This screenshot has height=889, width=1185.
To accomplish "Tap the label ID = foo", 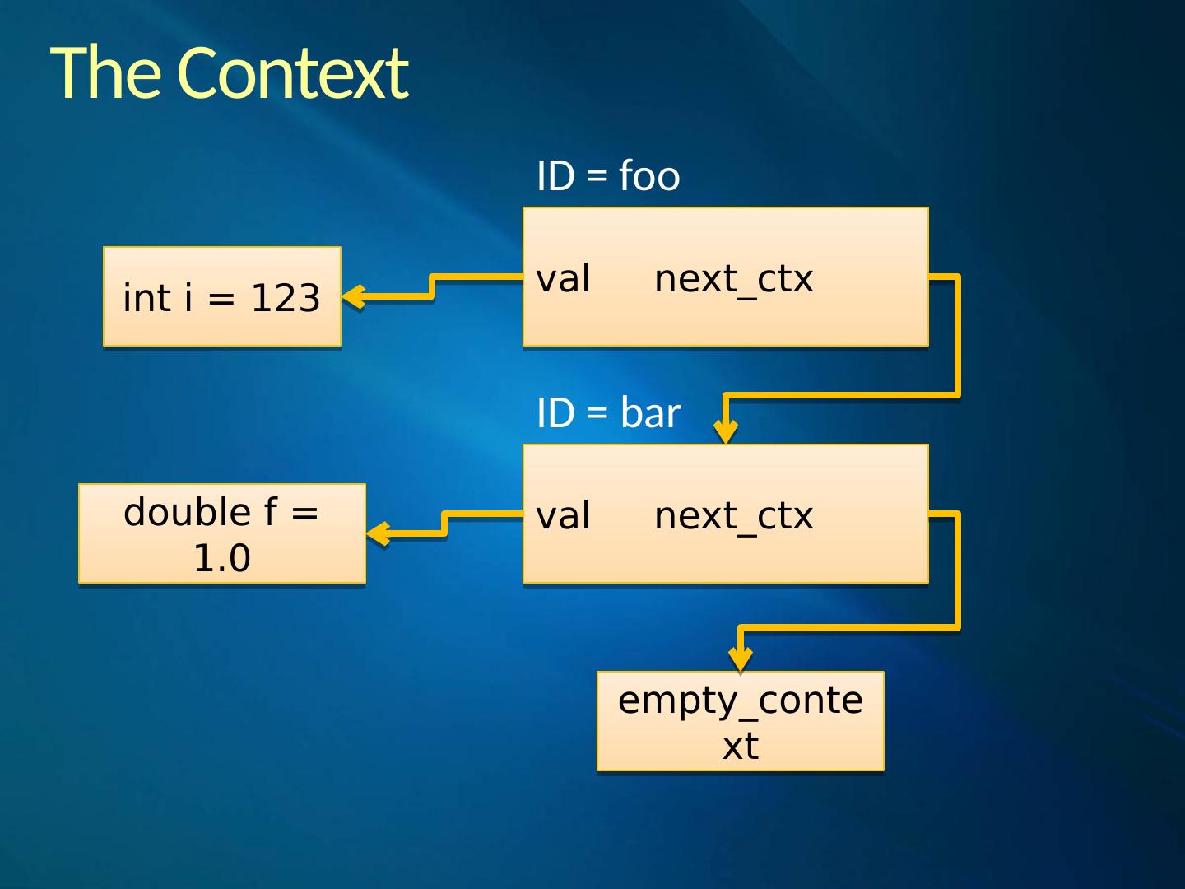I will point(608,176).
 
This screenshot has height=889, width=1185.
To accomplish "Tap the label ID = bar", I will point(608,413).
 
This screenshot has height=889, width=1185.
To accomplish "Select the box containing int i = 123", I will point(221,296).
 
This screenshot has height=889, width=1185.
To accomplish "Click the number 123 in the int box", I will point(285,298).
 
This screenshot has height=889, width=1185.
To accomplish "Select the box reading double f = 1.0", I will point(221,533).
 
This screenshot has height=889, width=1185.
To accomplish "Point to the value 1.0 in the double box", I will point(221,558).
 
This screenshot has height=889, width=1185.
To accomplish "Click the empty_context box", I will point(740,721).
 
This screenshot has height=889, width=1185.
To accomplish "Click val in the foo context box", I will point(563,279).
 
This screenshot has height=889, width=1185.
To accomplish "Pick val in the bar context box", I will point(563,516).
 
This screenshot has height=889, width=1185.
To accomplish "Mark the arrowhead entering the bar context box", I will point(725,431).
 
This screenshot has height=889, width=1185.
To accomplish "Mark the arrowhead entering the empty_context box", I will point(741,659).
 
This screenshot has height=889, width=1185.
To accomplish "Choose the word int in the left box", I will point(148,298).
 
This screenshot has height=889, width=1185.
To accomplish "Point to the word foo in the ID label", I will point(649,176).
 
